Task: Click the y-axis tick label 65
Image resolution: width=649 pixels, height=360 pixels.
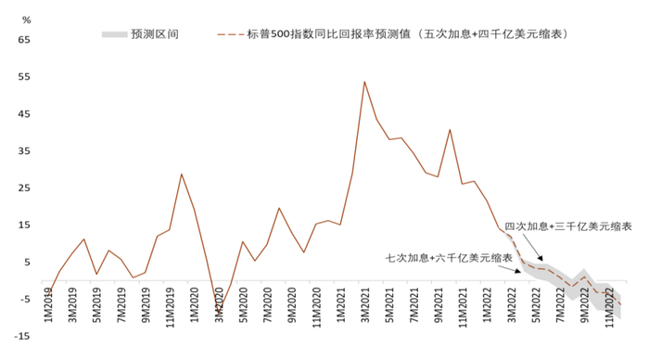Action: [x=24, y=41]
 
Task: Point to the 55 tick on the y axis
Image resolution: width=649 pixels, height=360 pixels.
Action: [x=24, y=77]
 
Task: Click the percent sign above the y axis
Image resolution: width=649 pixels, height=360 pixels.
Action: [x=25, y=19]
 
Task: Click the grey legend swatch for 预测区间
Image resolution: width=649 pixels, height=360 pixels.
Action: [x=112, y=33]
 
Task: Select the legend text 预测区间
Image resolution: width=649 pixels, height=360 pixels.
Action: [x=155, y=33]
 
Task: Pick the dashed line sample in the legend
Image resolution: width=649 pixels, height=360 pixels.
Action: [x=230, y=33]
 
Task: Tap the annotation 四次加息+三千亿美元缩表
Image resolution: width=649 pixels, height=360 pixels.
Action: [x=568, y=226]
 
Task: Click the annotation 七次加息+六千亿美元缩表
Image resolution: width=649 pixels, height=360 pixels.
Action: [x=449, y=256]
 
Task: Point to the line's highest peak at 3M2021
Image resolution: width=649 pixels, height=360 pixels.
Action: [x=364, y=82]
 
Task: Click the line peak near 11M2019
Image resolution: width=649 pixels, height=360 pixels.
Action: [x=182, y=174]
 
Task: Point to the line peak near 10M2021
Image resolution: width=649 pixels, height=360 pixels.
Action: [x=450, y=130]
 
